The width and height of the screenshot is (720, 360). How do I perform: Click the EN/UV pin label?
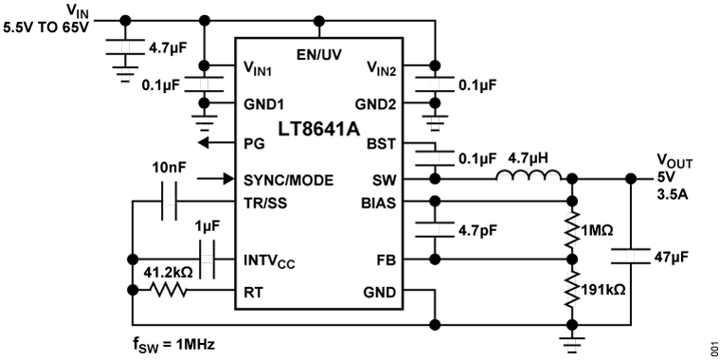319,54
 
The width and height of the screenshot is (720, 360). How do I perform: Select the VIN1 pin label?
258,69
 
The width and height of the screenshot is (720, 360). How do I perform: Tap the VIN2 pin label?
381,69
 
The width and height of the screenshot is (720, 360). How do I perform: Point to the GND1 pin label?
264,104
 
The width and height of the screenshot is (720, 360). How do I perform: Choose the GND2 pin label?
375,104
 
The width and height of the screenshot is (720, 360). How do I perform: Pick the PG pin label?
254,144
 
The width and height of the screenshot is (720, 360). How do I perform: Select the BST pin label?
381,144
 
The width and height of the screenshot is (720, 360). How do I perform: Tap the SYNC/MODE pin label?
288,180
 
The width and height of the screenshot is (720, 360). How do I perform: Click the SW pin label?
384,180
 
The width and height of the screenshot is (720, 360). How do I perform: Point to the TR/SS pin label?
265,203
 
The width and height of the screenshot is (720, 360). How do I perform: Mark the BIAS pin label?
378,203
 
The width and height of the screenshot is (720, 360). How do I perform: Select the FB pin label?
386,259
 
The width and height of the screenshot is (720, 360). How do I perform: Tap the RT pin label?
253,292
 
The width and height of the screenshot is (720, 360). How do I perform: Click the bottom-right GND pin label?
379,292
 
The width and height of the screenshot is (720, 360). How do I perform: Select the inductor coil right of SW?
529,178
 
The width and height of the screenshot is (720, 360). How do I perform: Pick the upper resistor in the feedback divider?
571,230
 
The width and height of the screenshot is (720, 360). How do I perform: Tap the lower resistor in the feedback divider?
571,288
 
